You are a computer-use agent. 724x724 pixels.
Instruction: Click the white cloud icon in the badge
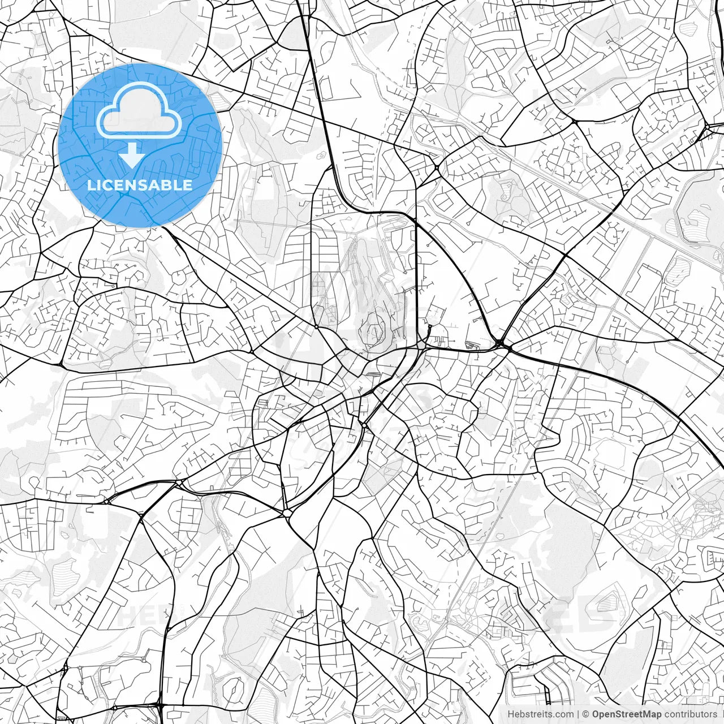(x=139, y=113)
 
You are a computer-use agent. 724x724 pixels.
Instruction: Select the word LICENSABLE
(x=139, y=185)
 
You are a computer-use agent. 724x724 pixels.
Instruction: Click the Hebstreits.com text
(x=540, y=714)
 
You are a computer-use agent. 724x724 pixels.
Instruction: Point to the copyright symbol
(x=587, y=714)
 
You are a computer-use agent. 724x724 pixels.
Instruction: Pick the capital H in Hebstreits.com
(x=511, y=714)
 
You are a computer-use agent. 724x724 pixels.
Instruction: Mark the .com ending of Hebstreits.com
(x=563, y=714)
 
